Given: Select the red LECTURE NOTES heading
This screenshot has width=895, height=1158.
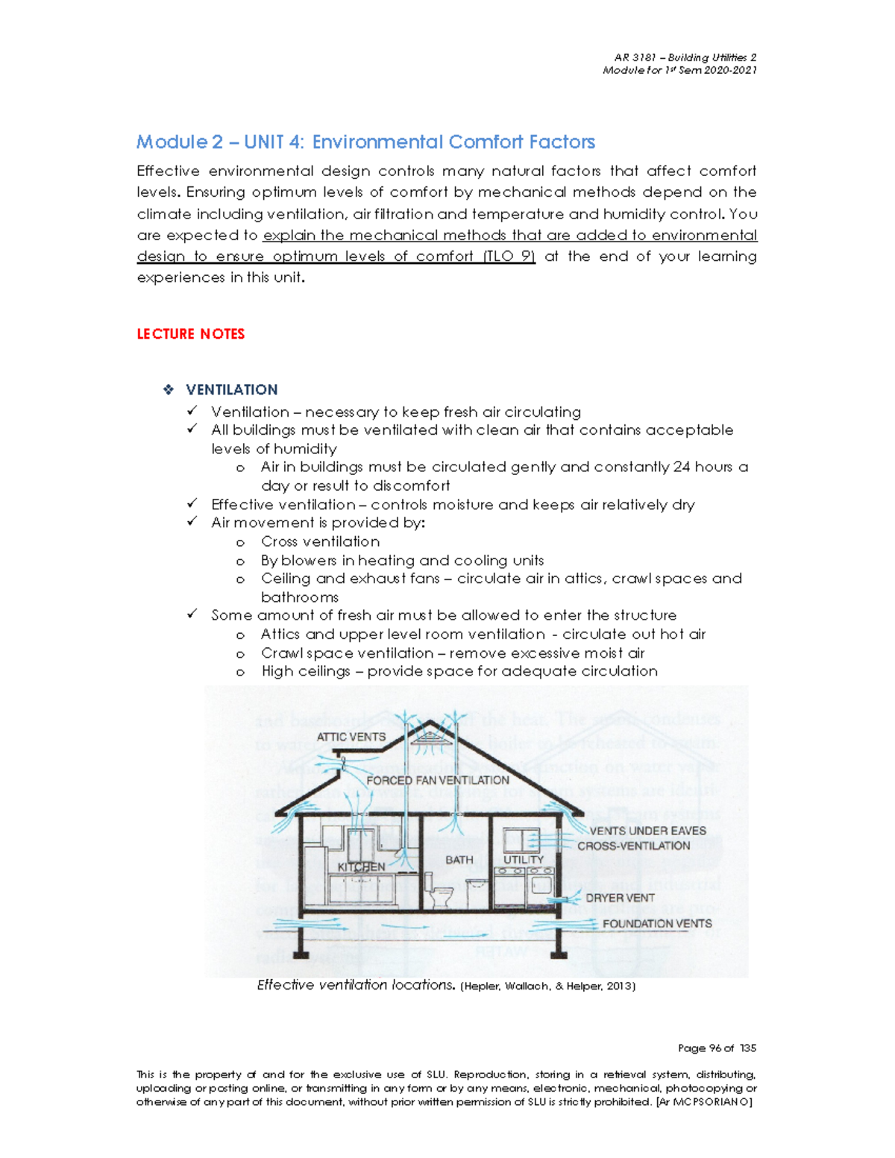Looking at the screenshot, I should coord(191,334).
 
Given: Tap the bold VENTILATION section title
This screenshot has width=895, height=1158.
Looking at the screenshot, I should coord(231,389).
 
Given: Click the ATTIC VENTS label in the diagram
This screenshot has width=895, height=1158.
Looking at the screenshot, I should coord(351,737).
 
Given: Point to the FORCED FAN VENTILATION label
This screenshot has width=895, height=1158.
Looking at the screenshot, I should coord(438,780).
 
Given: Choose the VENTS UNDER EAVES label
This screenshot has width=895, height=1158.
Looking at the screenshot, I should coord(647,831).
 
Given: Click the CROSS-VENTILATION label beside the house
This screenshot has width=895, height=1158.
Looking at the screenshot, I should coord(633,846).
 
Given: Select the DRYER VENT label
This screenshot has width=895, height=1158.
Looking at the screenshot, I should coord(620,898).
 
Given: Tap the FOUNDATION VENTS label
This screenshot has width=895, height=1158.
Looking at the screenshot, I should coord(657,923).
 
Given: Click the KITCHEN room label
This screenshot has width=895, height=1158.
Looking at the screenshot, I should coord(362,866).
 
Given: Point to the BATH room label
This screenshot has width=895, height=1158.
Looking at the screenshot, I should coord(459,860).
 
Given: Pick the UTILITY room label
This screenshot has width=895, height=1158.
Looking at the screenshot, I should coord(524,860).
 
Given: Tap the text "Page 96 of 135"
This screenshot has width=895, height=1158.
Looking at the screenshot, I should coord(717,1048).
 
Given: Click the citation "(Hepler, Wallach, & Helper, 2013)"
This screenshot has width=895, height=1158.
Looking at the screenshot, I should coord(548,986).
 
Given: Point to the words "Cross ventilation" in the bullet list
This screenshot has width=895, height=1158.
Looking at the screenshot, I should coord(320,541).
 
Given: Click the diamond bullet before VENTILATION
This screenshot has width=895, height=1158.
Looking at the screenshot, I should coord(169,389).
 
